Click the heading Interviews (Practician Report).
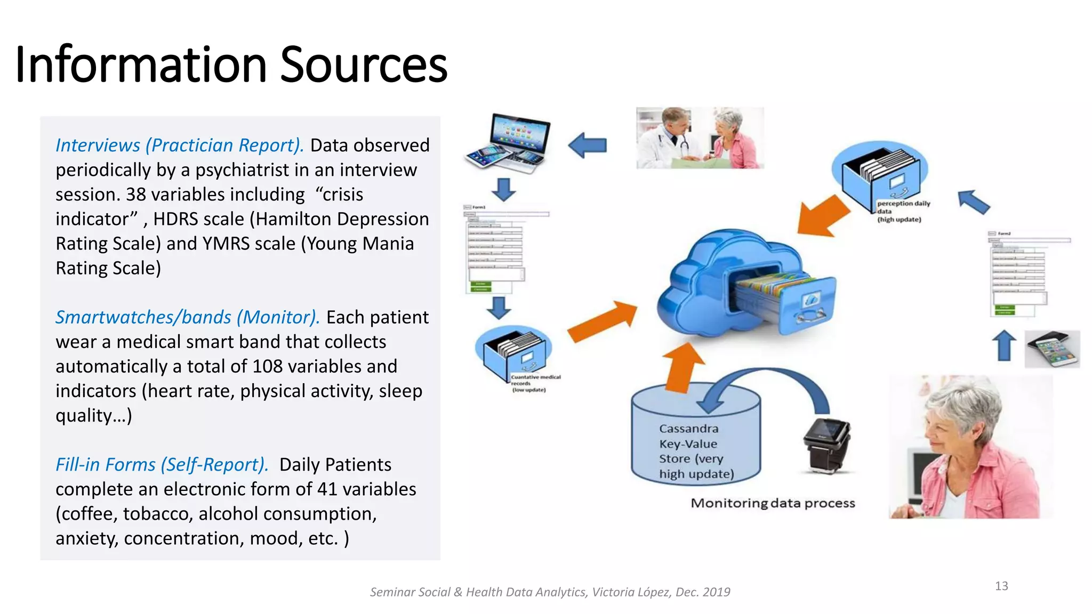180,146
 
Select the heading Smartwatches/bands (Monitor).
187,318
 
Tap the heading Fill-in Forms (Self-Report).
162,465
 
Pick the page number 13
1001,586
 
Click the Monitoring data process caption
772,503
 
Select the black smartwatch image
826,445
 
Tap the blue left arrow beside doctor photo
588,145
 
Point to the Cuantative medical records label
535,383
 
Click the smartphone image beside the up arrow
1051,349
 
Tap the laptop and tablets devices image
508,143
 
